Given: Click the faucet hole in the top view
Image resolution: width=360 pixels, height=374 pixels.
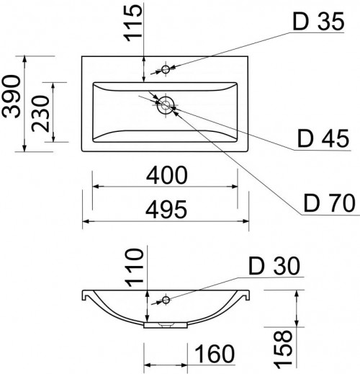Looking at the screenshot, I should [x=166, y=69].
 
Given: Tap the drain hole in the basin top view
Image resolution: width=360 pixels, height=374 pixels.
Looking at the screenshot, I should [x=167, y=105].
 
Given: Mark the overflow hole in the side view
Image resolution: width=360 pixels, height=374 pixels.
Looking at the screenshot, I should [x=166, y=299].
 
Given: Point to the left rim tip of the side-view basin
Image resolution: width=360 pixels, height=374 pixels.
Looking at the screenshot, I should [x=83, y=295].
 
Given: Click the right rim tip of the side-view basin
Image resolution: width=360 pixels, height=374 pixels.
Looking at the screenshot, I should [x=249, y=295].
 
